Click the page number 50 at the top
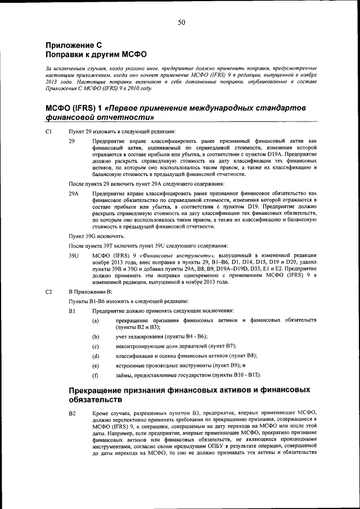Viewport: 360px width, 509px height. [x=181, y=22]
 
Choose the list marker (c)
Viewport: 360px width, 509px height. [x=96, y=345]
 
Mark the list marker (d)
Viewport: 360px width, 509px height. [x=96, y=355]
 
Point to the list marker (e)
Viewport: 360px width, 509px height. [x=96, y=365]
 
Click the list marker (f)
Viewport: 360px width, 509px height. [x=96, y=375]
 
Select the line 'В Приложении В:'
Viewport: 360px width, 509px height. [x=90, y=292]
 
